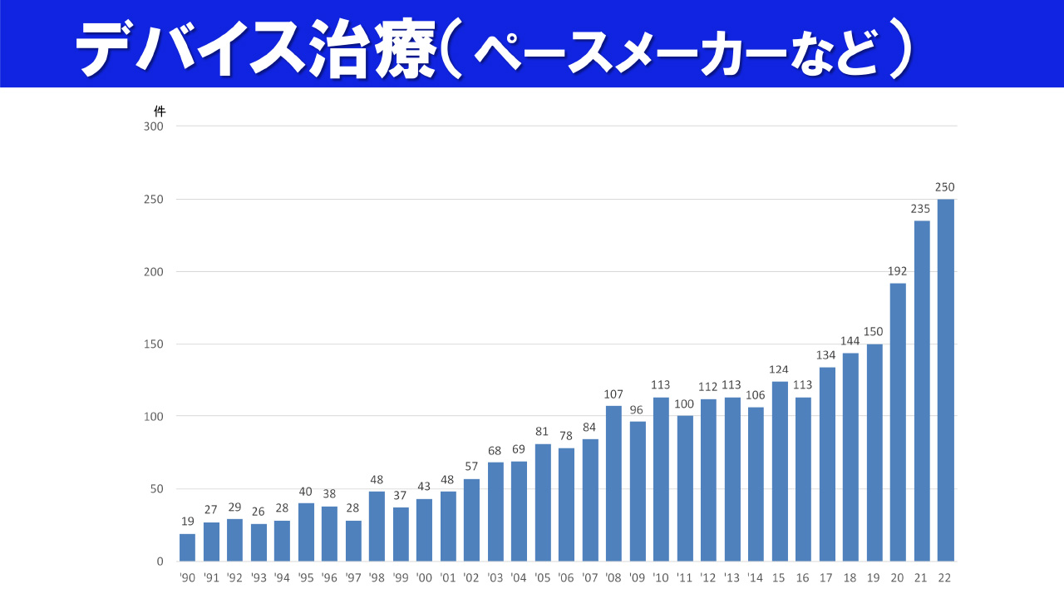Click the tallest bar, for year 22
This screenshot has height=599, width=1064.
tap(945, 380)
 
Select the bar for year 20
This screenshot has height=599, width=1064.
tap(898, 422)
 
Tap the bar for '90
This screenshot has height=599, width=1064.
tap(187, 547)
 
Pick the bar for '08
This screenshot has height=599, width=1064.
tap(613, 483)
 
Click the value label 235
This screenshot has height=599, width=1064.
tap(921, 209)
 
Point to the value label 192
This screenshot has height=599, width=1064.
tap(898, 271)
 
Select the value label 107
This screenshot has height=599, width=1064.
tap(613, 394)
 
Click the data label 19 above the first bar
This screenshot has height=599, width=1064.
tap(187, 522)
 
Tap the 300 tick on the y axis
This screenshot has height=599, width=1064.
tap(154, 126)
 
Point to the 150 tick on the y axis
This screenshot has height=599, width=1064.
tap(154, 344)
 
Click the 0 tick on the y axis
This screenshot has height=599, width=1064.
tap(160, 562)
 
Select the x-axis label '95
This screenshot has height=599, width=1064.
tap(306, 577)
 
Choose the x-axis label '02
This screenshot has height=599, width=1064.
tap(471, 577)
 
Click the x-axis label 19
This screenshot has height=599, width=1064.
tap(874, 577)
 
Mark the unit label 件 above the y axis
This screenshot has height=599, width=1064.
tap(160, 111)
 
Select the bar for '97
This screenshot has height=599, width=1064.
tap(353, 541)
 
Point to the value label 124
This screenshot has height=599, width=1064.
tap(780, 369)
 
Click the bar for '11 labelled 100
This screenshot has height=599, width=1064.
tap(685, 488)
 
